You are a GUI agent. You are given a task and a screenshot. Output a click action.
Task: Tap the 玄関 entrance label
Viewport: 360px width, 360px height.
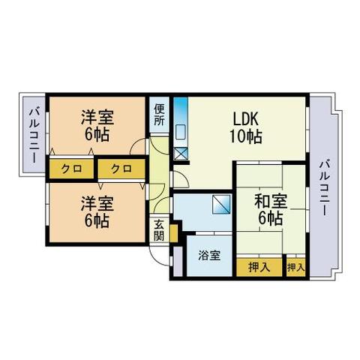pyautogui.click(x=159, y=228)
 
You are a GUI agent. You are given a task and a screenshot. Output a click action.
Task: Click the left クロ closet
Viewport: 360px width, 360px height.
pyautogui.click(x=71, y=169)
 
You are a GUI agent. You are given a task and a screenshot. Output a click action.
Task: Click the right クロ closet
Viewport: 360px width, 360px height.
pyautogui.click(x=121, y=169)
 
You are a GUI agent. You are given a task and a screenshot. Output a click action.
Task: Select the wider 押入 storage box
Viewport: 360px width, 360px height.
pyautogui.click(x=259, y=268)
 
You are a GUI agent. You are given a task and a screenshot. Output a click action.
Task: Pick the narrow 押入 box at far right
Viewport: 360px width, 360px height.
pyautogui.click(x=296, y=268)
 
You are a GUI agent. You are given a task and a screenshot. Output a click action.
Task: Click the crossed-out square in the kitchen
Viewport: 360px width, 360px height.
pyautogui.click(x=180, y=154)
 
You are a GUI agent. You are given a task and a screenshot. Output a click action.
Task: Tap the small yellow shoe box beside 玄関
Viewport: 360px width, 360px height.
pyautogui.click(x=173, y=233)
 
